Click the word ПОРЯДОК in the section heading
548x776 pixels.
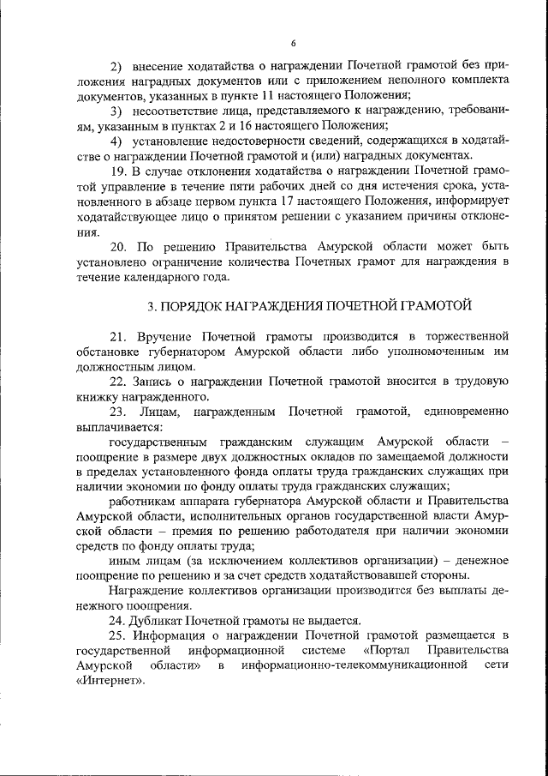[x=189, y=305]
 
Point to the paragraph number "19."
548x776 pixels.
[x=119, y=171]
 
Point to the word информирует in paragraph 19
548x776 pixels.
[x=469, y=202]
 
